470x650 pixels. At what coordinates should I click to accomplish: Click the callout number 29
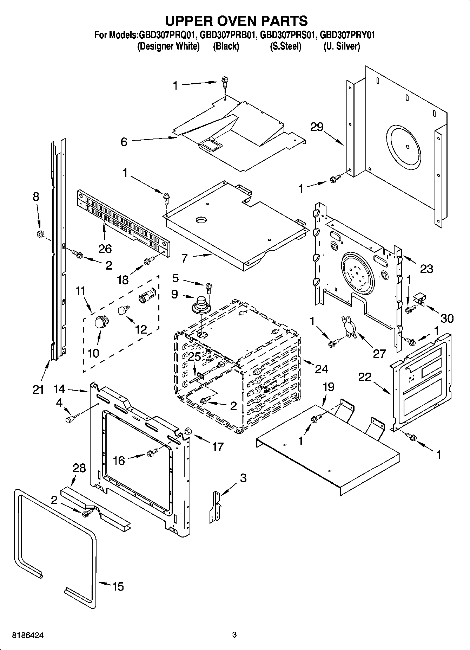317,127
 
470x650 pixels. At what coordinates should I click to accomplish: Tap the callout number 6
124,142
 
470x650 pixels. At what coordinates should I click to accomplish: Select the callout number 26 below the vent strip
105,249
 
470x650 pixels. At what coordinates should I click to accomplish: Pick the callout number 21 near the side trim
38,389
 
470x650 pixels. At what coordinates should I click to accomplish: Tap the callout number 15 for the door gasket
118,586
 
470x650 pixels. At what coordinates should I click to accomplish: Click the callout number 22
365,377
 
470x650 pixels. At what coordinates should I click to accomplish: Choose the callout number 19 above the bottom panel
329,387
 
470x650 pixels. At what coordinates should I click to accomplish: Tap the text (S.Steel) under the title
285,46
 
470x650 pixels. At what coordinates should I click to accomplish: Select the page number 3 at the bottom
234,635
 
